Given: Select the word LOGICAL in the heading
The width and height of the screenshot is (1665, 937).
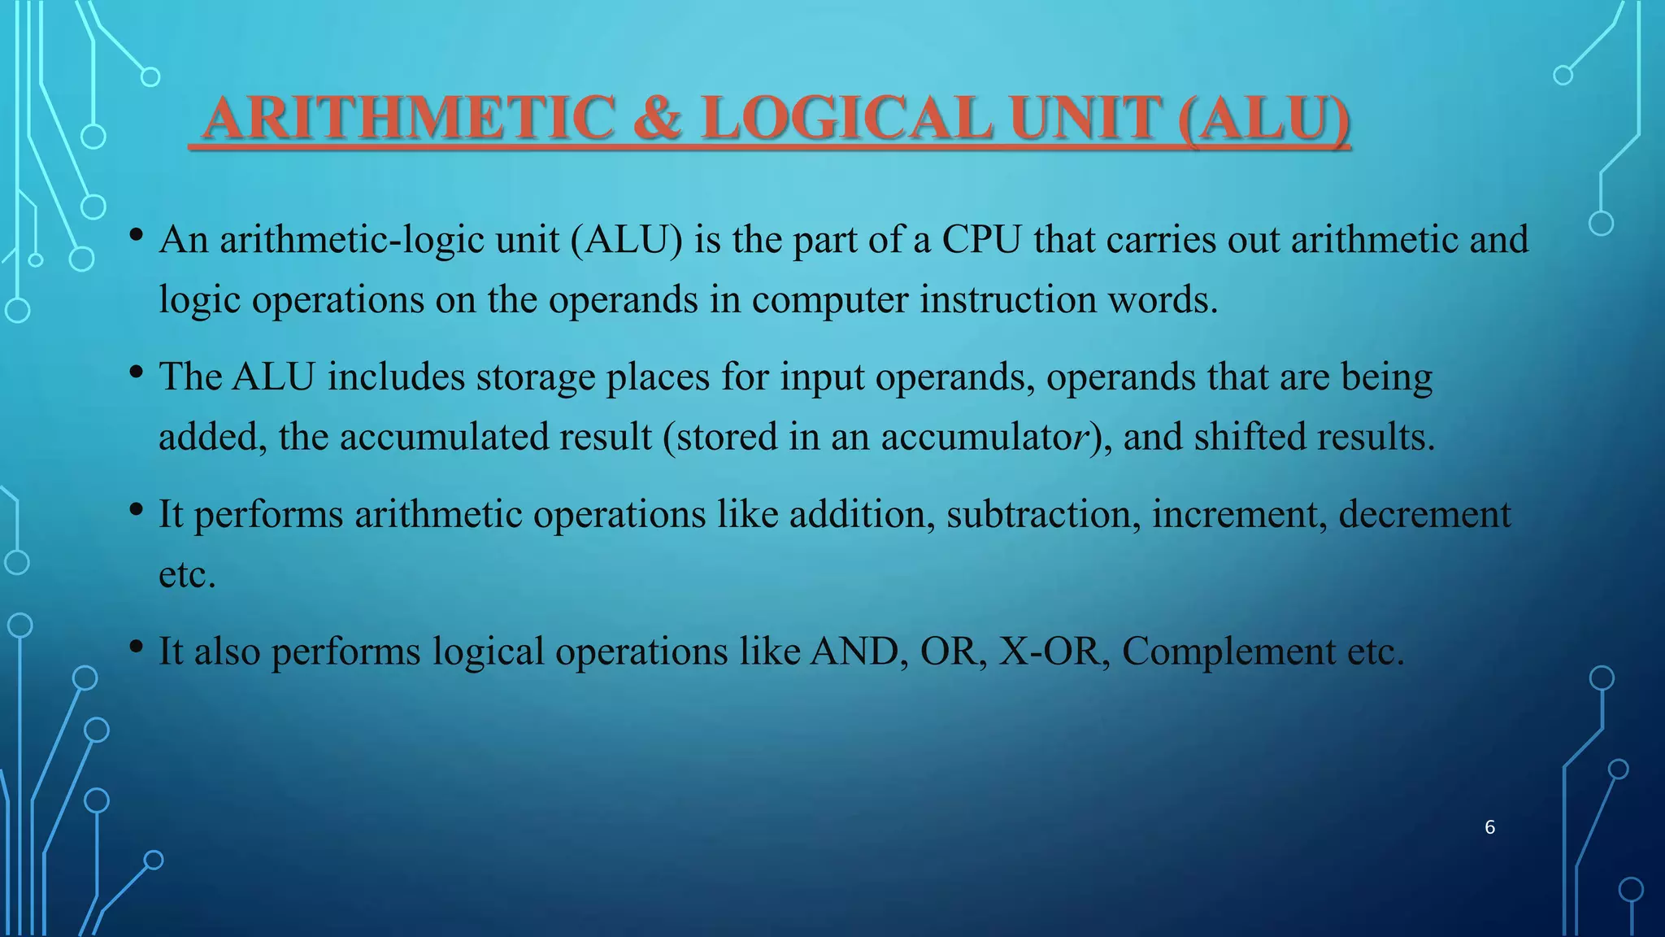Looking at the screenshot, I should click(846, 119).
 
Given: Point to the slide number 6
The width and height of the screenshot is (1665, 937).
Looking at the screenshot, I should click(1489, 827).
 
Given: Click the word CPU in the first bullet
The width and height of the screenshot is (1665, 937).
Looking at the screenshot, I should click(981, 240).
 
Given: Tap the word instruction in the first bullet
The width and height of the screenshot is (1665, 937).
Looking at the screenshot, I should click(1007, 300).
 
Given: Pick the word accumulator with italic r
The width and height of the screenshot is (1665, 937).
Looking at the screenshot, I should click(985, 438).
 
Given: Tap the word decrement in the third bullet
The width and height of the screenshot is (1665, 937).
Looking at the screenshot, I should click(1424, 515).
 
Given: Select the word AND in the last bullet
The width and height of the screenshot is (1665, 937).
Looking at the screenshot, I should click(859, 652).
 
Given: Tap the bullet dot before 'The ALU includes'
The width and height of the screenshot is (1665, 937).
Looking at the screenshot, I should click(137, 373).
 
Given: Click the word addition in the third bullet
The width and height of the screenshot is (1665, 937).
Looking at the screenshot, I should click(862, 515).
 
